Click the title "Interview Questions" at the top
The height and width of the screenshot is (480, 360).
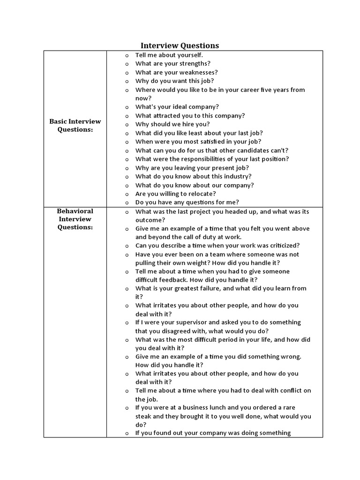(x=180, y=45)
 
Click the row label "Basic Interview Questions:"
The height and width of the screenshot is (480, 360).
(x=75, y=125)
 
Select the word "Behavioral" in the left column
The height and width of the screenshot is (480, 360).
(x=75, y=211)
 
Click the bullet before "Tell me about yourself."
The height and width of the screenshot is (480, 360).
(x=127, y=55)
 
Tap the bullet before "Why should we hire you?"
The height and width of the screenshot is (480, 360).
(x=127, y=124)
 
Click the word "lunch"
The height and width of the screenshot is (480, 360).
(x=215, y=407)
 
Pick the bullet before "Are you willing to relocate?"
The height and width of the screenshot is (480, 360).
(x=127, y=194)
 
